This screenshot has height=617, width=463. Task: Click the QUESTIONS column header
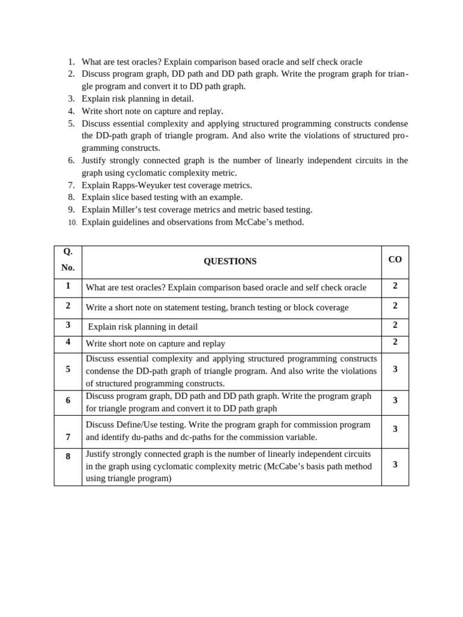tap(230, 262)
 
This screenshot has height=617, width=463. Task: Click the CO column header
tap(395, 260)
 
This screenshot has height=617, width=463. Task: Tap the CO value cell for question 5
tap(395, 369)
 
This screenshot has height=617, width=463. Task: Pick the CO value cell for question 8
tap(395, 464)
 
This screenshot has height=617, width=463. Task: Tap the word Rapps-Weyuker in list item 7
tap(141, 185)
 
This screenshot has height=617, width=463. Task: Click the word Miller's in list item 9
tap(128, 210)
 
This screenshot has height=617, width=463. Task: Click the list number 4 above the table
tap(71, 111)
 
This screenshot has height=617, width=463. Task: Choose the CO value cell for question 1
tap(395, 286)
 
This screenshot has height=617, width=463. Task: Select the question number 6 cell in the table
tap(68, 400)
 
